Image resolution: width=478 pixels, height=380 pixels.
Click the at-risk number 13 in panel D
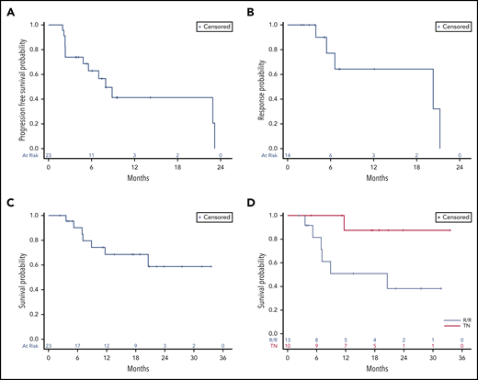coord(290,340)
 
